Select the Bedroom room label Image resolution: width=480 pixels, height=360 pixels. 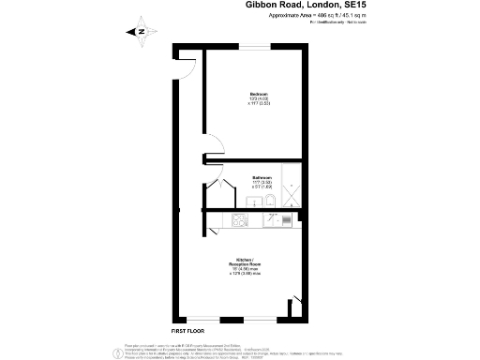click(x=260, y=95)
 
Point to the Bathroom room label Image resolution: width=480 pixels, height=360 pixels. click(x=262, y=177)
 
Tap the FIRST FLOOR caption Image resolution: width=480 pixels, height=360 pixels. click(x=188, y=331)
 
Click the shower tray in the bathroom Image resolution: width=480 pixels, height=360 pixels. click(x=291, y=187)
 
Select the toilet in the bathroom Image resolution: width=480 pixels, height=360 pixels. click(x=267, y=201)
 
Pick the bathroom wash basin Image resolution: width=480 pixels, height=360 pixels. click(x=251, y=202)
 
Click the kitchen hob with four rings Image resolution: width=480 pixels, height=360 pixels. click(x=238, y=221)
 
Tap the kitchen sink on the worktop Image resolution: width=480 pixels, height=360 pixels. click(x=278, y=221)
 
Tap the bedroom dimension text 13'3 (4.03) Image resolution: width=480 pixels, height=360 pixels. click(x=260, y=100)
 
